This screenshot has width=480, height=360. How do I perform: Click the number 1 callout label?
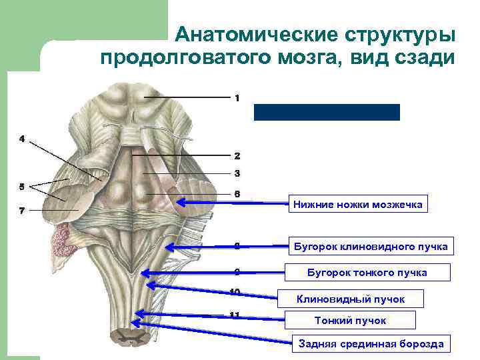click(237, 98)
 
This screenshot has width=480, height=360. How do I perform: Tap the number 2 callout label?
click(237, 156)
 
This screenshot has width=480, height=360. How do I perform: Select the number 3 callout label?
click(237, 173)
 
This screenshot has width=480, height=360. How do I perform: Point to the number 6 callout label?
click(237, 194)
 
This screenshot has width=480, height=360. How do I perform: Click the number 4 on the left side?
click(22, 139)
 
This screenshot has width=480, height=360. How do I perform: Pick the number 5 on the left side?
click(22, 186)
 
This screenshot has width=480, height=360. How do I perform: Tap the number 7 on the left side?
click(22, 211)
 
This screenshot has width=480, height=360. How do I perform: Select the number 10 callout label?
click(235, 291)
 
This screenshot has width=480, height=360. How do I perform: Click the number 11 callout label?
click(235, 315)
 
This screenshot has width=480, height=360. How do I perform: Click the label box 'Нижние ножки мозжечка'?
click(358, 205)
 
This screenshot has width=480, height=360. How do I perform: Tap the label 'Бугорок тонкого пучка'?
click(367, 273)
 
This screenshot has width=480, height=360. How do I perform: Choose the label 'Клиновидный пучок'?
click(350, 299)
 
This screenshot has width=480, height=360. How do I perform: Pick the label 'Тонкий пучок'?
click(350, 321)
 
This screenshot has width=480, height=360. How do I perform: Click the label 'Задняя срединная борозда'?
click(370, 343)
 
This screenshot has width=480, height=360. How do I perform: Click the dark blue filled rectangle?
click(327, 112)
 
